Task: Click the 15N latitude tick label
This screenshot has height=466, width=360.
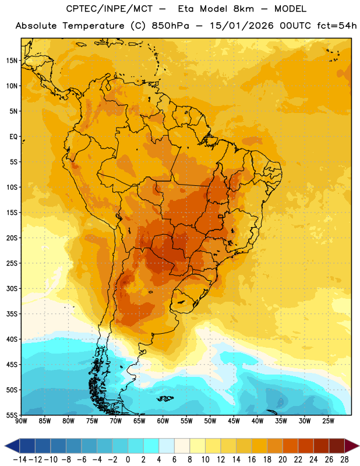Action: [x=12, y=61]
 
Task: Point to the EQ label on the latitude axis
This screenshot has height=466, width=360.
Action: [x=13, y=137]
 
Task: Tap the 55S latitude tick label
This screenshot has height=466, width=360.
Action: [x=12, y=415]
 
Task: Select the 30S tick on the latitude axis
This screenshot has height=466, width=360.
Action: [x=12, y=288]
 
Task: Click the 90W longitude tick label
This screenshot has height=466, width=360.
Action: [x=21, y=421]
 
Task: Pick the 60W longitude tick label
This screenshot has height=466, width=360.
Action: [x=163, y=421]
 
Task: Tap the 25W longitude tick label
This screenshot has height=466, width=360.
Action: [x=328, y=421]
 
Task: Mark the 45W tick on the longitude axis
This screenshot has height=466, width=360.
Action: [x=234, y=421]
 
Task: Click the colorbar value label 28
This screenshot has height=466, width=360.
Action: [x=344, y=460]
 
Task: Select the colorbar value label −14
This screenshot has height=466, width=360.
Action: [x=20, y=460]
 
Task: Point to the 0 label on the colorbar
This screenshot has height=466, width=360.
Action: [x=128, y=460]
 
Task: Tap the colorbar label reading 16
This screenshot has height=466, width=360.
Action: [x=252, y=460]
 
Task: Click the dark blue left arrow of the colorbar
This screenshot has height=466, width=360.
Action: [x=12, y=446]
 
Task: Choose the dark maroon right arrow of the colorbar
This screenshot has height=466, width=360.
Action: [x=352, y=446]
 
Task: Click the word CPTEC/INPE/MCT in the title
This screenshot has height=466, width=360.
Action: [x=110, y=9]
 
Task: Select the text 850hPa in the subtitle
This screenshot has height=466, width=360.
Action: [x=170, y=26]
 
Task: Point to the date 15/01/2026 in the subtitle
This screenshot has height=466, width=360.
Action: [x=241, y=26]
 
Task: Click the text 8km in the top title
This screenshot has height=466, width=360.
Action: [x=243, y=9]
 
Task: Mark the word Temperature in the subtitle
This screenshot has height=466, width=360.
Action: [x=93, y=26]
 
